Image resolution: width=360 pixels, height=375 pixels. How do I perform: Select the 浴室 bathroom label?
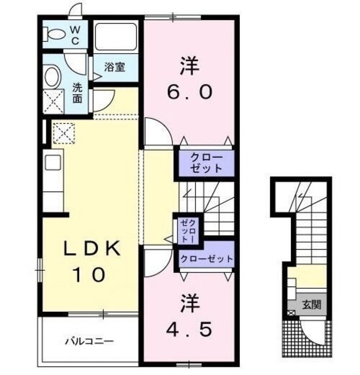point(115,67)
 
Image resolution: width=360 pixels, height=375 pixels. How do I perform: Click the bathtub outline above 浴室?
point(116,37)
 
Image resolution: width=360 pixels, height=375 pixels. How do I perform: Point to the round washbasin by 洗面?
point(52,77)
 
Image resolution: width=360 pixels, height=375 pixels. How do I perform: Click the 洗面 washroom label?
point(77,93)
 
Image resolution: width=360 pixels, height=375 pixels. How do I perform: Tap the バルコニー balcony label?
point(89,340)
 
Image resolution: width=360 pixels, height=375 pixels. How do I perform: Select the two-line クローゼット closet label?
point(206,163)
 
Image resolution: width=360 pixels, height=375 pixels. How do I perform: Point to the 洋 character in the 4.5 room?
point(189,303)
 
